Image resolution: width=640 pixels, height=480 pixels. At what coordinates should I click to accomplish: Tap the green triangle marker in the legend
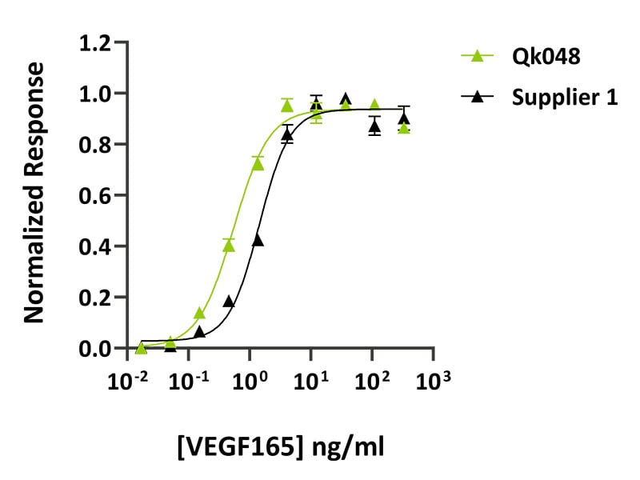pos(478,56)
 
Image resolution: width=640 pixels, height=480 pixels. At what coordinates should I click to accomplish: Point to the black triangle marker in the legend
pos(478,97)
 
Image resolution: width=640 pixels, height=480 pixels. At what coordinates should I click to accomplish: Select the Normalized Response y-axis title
pos(34,195)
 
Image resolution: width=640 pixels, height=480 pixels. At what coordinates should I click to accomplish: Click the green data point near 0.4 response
pos(229,246)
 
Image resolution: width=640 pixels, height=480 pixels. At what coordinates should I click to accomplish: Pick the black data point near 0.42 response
pos(258,240)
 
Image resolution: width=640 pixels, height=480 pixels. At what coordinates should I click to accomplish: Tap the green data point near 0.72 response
pos(258,164)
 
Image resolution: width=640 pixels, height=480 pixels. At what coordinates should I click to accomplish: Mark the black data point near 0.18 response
pos(229,302)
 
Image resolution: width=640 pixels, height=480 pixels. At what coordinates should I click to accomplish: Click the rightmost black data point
pos(404,118)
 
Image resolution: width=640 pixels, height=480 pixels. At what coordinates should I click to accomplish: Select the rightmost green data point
pos(404,128)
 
